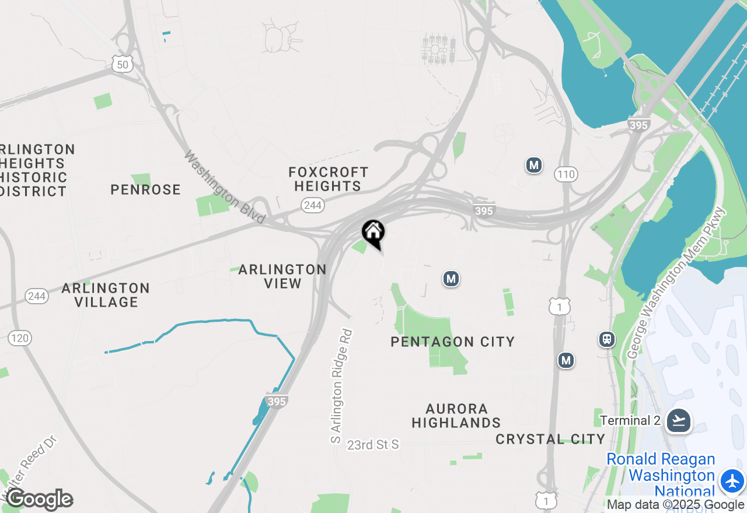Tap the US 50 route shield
pos(123,64)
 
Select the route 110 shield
pos(566,174)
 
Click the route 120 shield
pos(20,338)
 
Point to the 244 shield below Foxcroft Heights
pos(313,205)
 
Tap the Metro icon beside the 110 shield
pos(533,165)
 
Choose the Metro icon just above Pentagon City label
pos(450,279)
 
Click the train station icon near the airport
pos(607,339)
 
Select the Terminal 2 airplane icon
pos(678,420)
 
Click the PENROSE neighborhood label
pos(145,189)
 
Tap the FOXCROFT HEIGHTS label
pos(328,179)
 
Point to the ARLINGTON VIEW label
pos(282,276)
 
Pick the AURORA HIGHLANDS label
pos(456,416)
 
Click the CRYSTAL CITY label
pos(550,439)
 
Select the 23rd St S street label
pos(373,445)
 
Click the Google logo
pos(40,499)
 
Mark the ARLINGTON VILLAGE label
pos(106,295)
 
